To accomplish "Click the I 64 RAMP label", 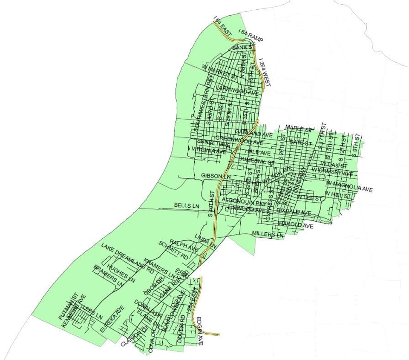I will pyautogui.click(x=251, y=35).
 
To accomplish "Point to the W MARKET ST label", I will pyautogui.click(x=219, y=73).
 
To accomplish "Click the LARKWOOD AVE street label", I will pyautogui.click(x=237, y=90).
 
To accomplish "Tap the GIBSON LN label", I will pyautogui.click(x=216, y=176).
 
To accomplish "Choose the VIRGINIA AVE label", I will pyautogui.click(x=209, y=150).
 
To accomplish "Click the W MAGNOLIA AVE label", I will pyautogui.click(x=349, y=186).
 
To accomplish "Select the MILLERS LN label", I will pyautogui.click(x=268, y=234).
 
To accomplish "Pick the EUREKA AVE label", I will pyautogui.click(x=112, y=319).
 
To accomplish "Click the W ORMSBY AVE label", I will pyautogui.click(x=332, y=172).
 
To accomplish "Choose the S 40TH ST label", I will pyautogui.click(x=212, y=204).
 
